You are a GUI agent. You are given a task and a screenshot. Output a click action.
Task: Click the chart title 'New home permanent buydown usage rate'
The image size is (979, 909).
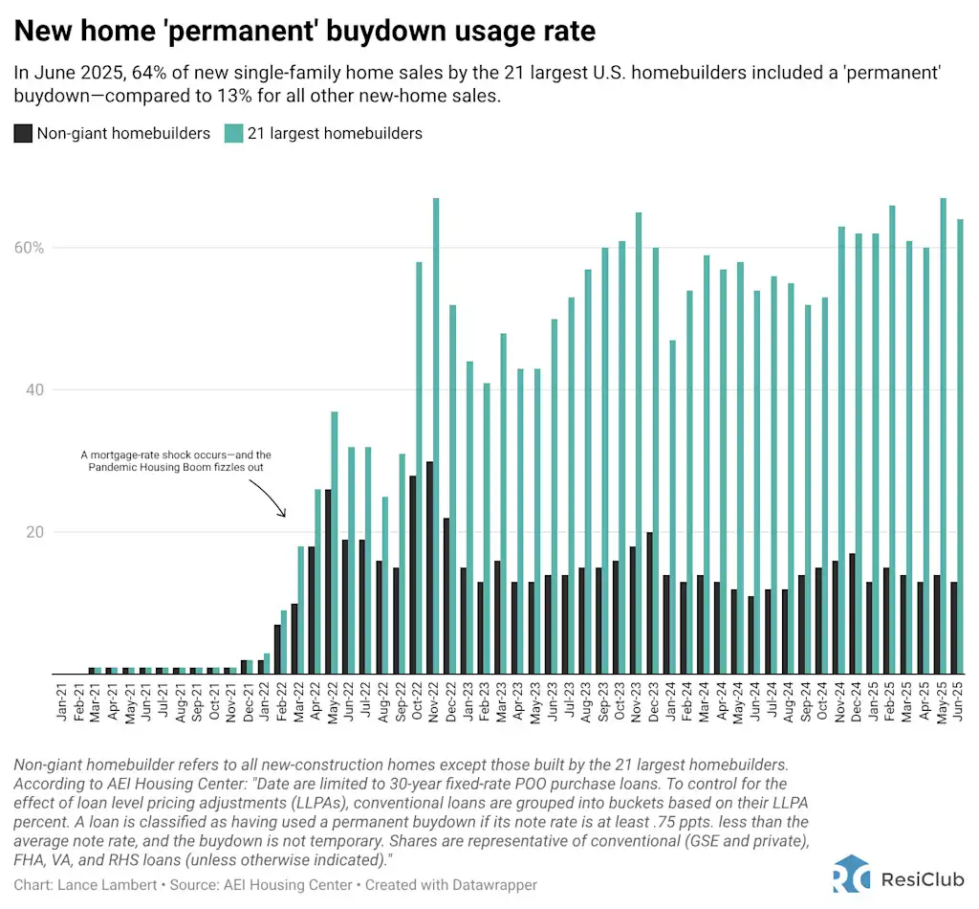click(x=304, y=31)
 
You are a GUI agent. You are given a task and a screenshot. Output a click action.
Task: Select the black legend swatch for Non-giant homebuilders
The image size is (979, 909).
click(x=23, y=134)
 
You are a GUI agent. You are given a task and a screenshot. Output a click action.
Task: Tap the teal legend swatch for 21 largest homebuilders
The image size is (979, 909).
click(x=233, y=134)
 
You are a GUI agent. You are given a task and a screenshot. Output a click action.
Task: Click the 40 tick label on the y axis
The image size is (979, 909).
click(x=34, y=390)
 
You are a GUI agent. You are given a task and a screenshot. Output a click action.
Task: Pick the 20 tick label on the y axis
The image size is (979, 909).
click(x=34, y=532)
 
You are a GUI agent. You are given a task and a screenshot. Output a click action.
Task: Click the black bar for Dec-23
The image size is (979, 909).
click(x=649, y=603)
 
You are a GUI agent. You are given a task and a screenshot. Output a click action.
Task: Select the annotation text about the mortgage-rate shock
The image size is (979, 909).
click(x=176, y=462)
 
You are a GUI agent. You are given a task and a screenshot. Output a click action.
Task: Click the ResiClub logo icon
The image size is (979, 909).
click(x=851, y=873)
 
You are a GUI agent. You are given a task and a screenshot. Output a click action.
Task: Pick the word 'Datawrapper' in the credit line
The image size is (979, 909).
click(x=489, y=885)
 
